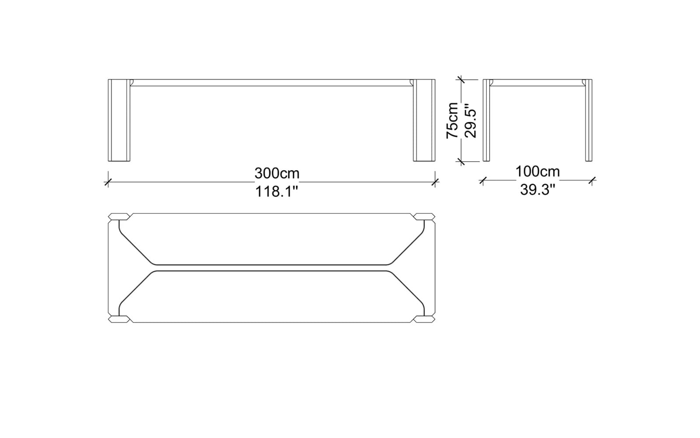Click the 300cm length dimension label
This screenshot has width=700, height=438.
pos(277,173)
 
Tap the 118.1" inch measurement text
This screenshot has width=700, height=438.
pos(277,191)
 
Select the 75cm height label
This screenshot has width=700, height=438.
pos(452,120)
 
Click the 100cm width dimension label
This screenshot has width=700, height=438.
pos(538,171)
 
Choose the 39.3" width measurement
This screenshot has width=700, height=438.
pos(538,190)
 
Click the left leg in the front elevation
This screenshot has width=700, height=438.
pos(119,120)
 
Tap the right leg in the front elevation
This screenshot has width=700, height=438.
pos(424,120)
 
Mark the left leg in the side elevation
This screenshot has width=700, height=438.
pos(486,120)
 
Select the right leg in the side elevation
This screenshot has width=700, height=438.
pos(589,120)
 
